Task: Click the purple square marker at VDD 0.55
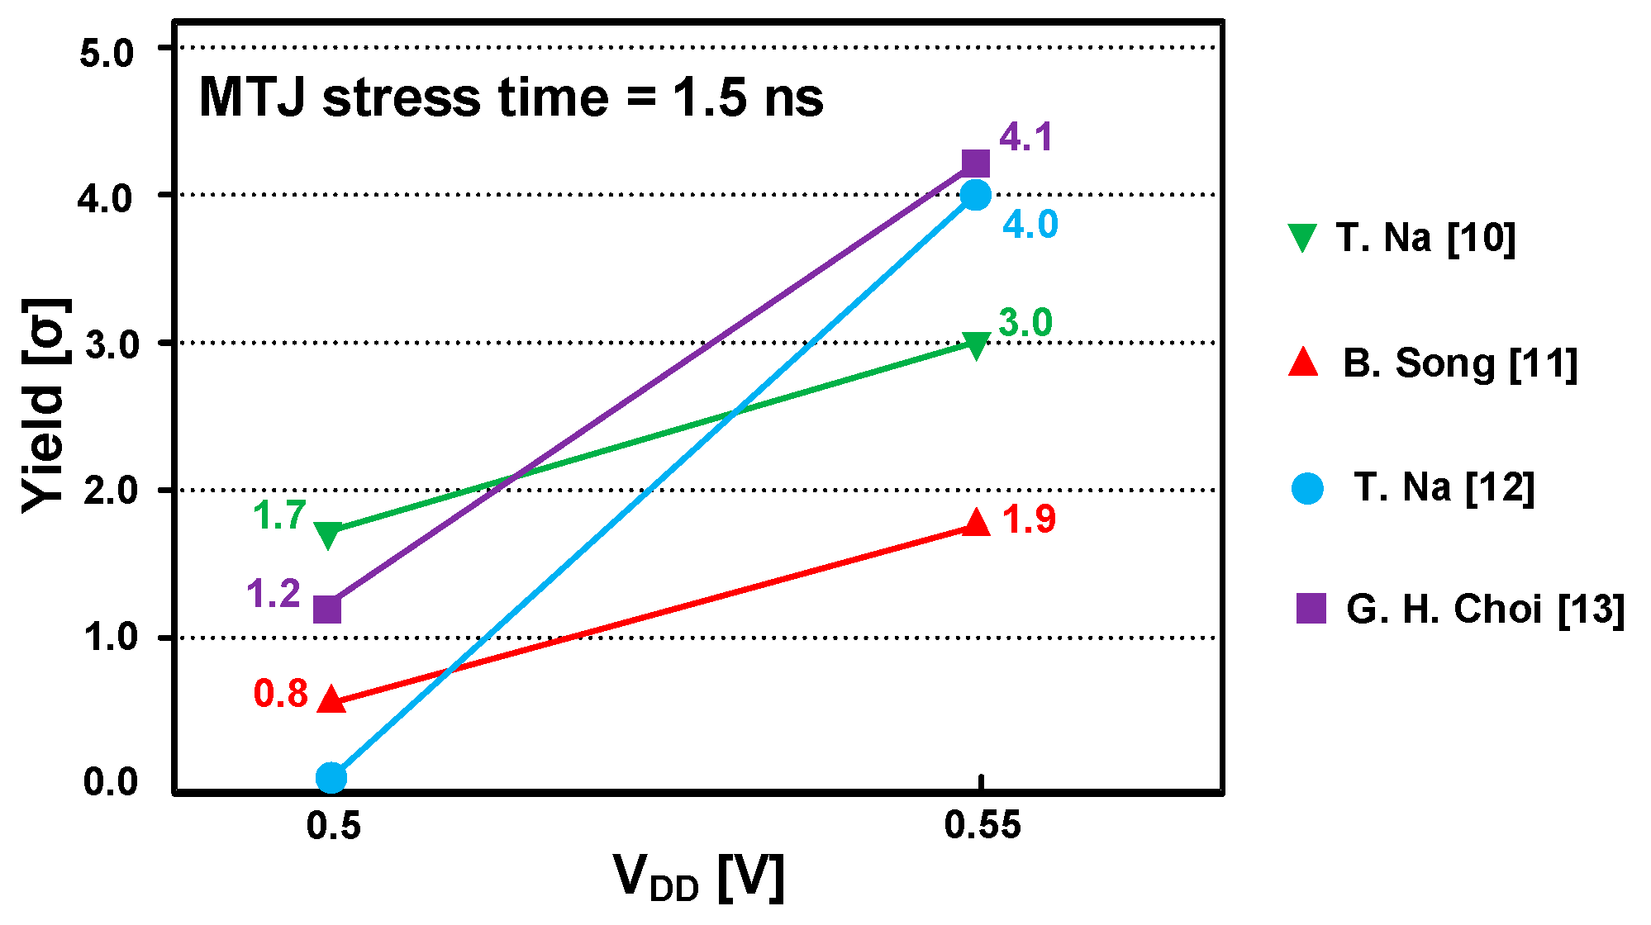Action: (x=976, y=164)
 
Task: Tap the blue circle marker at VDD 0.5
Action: (x=331, y=777)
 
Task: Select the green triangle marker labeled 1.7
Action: (x=328, y=534)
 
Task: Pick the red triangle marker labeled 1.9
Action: (x=976, y=523)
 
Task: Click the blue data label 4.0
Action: (x=1030, y=225)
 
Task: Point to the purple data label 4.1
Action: (x=1026, y=137)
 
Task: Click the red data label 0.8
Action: (x=281, y=694)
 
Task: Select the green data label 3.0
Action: (x=1025, y=323)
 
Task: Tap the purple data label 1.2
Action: (x=274, y=594)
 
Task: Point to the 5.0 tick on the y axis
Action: (x=107, y=53)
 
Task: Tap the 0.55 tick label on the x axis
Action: (x=983, y=825)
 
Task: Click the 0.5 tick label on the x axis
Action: (x=334, y=825)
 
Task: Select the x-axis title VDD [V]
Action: (x=698, y=877)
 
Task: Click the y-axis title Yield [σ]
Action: (x=45, y=405)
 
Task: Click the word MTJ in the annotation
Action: (x=253, y=97)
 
